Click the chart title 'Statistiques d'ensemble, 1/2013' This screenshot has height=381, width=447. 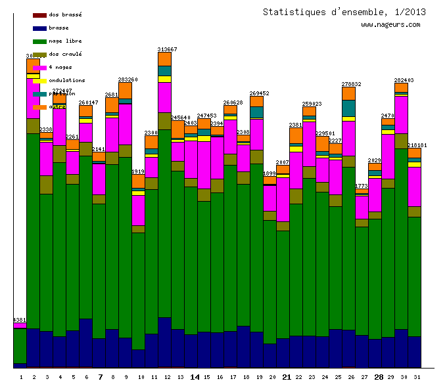point(344,12)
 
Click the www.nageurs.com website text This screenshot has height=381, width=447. point(390,25)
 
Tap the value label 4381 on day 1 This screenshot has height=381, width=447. point(20,320)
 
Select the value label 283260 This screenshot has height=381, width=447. point(128,79)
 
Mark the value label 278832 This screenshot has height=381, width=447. point(351,84)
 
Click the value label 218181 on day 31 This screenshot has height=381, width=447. point(417,145)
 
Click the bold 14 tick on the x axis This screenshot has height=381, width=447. point(195,377)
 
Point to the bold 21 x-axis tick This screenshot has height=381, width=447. point(287,377)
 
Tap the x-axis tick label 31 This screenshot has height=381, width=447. point(415,377)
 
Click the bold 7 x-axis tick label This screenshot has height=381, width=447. point(100,377)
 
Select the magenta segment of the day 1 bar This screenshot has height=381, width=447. point(20,325)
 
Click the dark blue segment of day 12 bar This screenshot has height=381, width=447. point(164,342)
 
